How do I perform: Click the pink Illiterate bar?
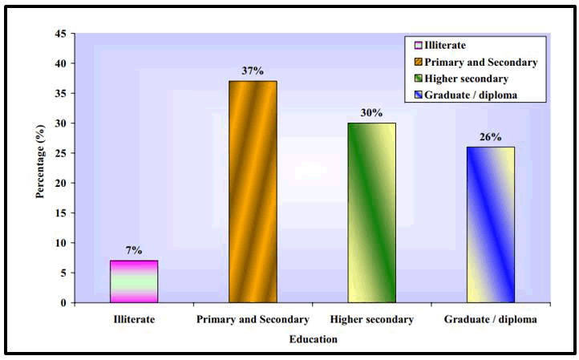pos(134,281)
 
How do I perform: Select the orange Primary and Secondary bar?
pos(253,192)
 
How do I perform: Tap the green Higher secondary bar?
pos(371,212)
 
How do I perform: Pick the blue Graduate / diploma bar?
pos(490,224)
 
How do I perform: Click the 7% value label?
pos(134,250)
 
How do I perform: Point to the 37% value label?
pos(253,71)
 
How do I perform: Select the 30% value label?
pos(372,113)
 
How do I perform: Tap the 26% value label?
pos(491,137)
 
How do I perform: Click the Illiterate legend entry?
pos(443,46)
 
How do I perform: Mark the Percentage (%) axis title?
pos(40,168)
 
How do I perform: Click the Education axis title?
pos(313,339)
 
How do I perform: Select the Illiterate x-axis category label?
pos(134,319)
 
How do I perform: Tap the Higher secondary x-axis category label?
pos(372,319)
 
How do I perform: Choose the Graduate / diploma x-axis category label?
pos(491,319)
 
